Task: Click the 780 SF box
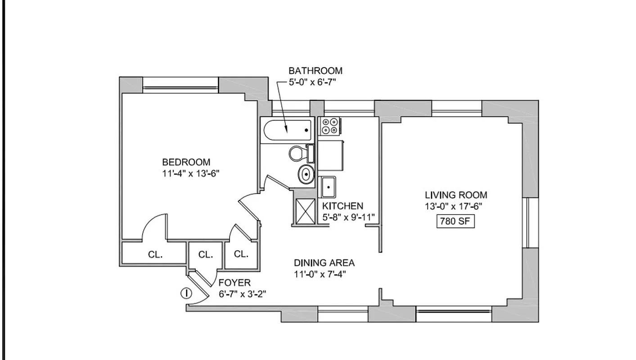456,222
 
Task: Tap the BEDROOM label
186,162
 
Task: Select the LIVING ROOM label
456,195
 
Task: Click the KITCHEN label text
343,206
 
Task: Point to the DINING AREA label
324,262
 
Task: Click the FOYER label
235,283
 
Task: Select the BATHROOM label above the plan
315,71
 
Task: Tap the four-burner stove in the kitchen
329,126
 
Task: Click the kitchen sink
328,187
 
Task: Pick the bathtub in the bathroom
287,130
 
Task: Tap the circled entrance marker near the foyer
186,293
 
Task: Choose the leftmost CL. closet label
155,254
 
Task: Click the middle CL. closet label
205,255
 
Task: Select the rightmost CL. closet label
241,254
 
